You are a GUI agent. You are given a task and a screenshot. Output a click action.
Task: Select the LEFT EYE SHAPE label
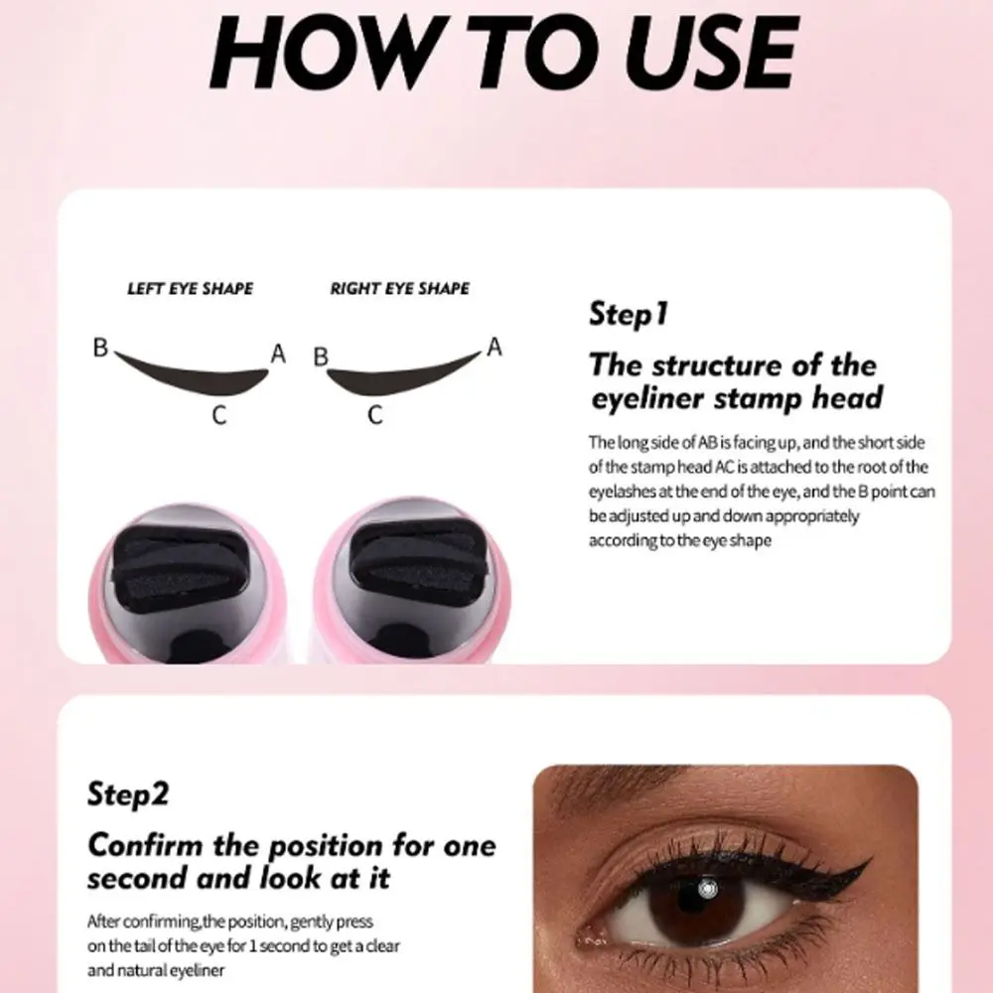[x=190, y=289]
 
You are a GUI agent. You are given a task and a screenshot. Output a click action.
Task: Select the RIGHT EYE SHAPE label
[x=400, y=289]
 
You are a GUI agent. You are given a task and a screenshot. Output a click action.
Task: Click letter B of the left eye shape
[x=100, y=349]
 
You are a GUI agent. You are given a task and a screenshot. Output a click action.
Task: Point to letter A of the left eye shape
[x=278, y=354]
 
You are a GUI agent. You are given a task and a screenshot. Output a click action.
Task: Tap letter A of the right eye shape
[x=494, y=347]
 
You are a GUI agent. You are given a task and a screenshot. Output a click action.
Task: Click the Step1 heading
[x=629, y=315]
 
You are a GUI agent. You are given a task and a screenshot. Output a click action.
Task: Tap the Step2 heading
[x=128, y=794]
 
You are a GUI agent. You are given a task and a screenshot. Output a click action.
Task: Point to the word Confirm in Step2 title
[x=151, y=846]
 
